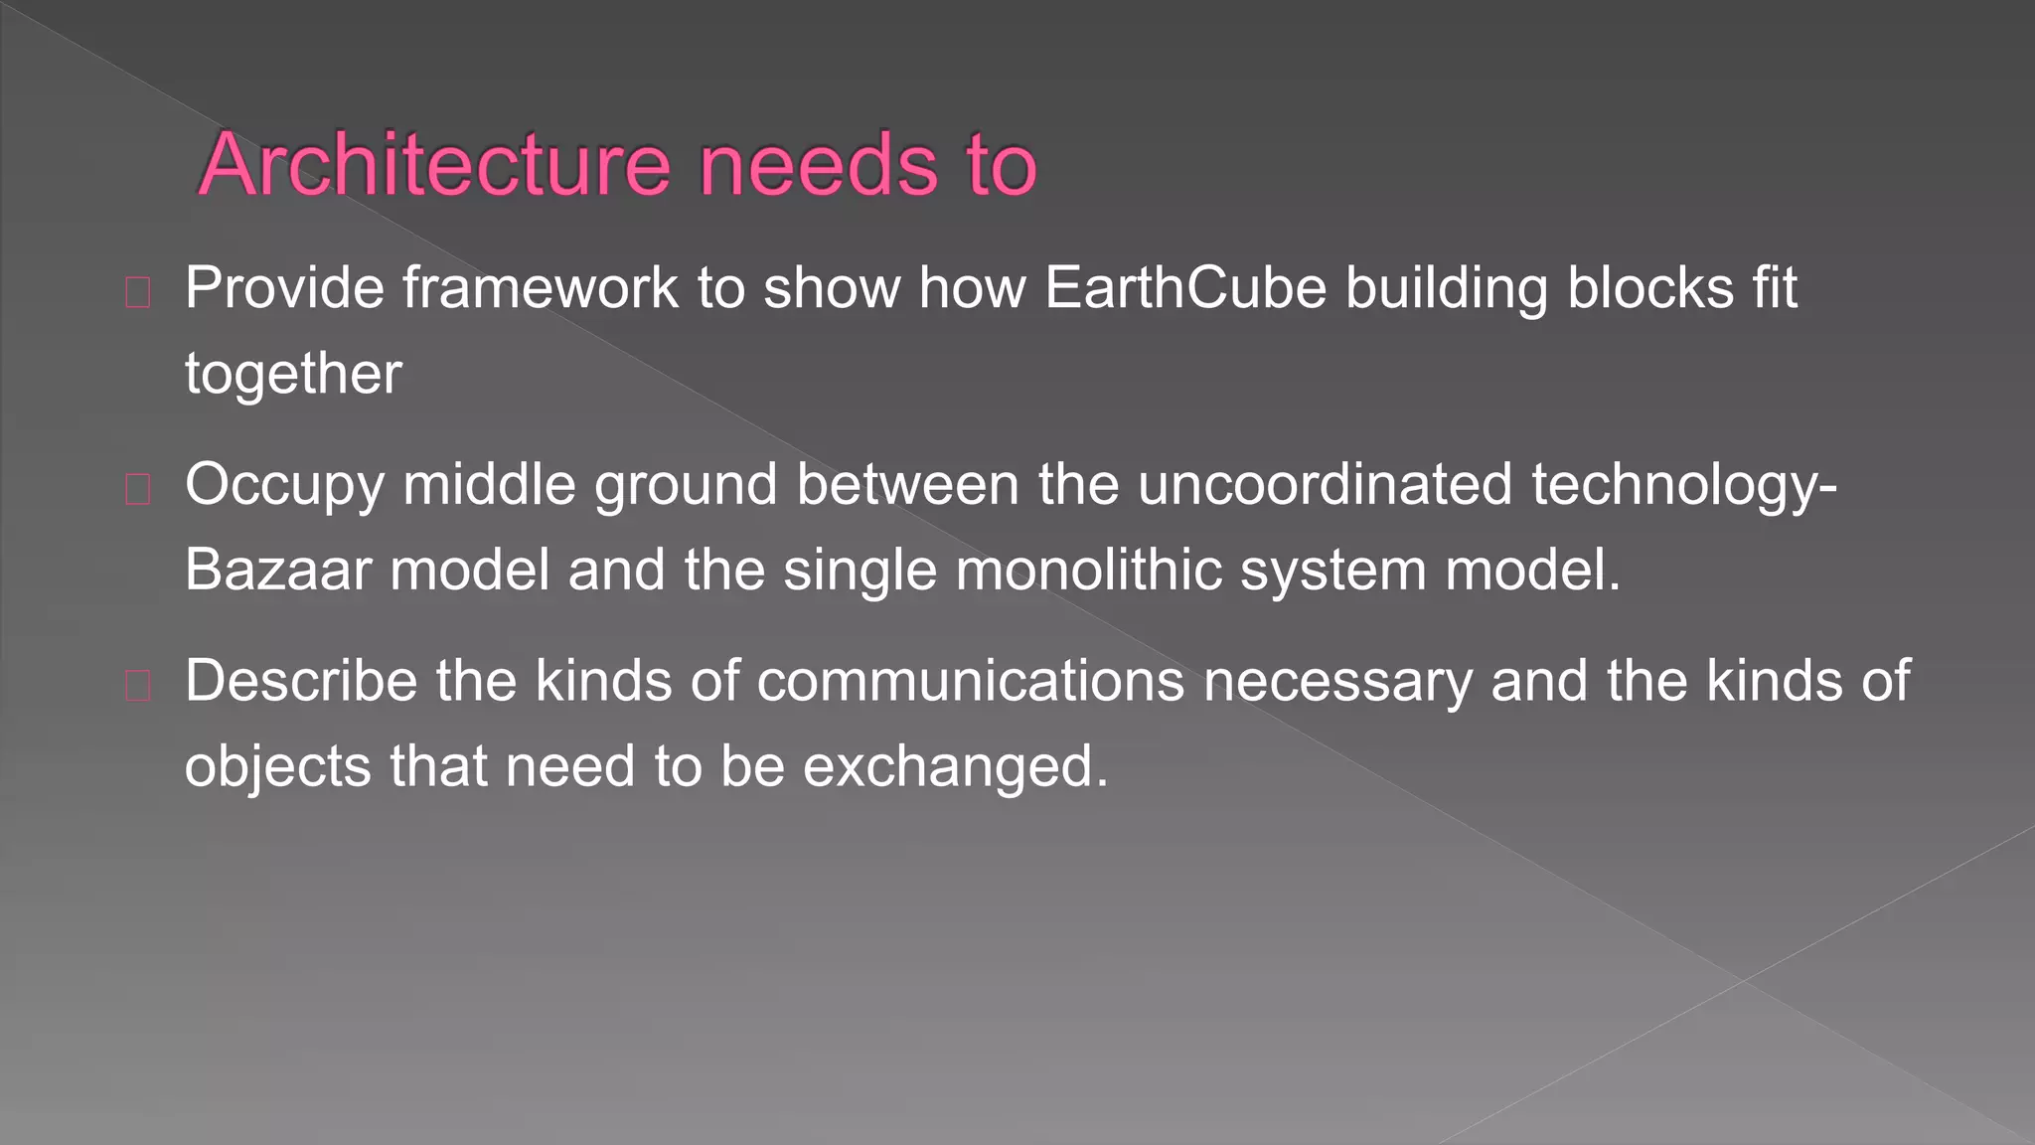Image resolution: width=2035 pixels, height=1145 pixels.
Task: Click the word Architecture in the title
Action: click(434, 165)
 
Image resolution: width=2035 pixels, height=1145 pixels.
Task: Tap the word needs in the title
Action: click(818, 165)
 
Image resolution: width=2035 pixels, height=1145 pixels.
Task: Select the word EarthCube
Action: click(1185, 288)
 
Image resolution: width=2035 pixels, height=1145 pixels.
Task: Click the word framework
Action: click(540, 288)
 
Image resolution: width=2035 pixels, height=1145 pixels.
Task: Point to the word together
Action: click(293, 375)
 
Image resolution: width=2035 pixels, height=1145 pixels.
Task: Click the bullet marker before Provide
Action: click(138, 292)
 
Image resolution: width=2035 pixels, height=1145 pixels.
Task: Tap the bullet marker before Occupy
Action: click(138, 489)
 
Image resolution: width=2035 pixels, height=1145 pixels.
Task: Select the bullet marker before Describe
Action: click(138, 686)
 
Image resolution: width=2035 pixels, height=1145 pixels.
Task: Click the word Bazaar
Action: click(277, 571)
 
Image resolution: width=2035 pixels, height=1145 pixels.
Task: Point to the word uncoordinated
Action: click(1325, 485)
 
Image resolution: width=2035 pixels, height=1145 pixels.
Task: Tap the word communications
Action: click(971, 682)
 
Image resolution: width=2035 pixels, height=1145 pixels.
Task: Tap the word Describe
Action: click(300, 682)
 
